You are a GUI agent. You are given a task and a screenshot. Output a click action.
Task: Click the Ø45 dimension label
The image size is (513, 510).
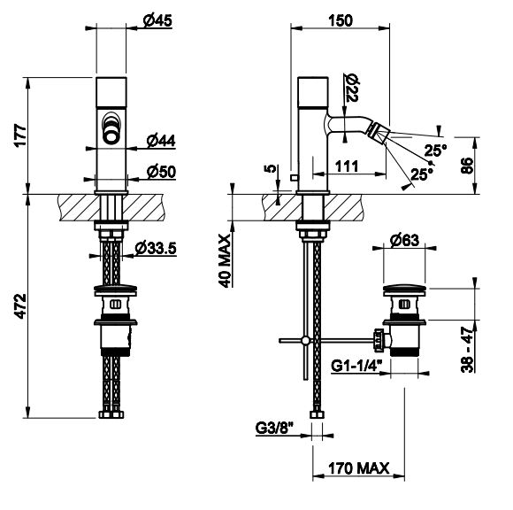point(157,21)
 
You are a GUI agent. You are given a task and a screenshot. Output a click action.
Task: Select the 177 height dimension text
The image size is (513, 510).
point(20,135)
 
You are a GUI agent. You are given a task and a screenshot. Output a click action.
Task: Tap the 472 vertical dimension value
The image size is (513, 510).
point(20,306)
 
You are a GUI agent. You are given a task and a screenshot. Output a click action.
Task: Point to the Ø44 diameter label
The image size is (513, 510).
point(161,141)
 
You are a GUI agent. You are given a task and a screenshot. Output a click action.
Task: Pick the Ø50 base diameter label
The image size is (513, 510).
point(161,172)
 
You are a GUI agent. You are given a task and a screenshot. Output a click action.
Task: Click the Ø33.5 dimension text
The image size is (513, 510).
point(156,248)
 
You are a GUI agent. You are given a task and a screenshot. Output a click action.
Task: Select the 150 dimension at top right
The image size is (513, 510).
point(341,20)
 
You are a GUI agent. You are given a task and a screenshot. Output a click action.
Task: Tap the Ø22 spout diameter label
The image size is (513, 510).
point(352,88)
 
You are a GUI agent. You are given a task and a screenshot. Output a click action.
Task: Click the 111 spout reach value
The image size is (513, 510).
point(347,166)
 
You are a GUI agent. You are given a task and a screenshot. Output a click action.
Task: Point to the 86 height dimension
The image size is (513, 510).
point(467,166)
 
